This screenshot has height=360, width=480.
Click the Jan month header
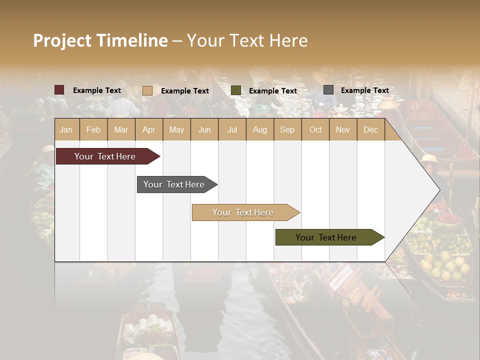66,129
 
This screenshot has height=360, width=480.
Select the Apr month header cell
148,129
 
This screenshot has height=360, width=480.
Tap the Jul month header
232,129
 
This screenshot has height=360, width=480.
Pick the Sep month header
287,129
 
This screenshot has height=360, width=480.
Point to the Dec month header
370,129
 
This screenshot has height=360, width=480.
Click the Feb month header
93,129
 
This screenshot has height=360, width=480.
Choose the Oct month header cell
315,129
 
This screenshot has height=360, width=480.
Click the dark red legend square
59,90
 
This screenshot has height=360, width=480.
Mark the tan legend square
147,90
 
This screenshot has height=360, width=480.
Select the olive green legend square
236,90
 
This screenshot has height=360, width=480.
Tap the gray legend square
328,90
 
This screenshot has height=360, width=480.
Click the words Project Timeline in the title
100,40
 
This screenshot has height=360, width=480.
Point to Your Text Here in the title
247,40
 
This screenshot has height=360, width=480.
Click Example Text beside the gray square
364,90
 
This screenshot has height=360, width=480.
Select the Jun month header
204,129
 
